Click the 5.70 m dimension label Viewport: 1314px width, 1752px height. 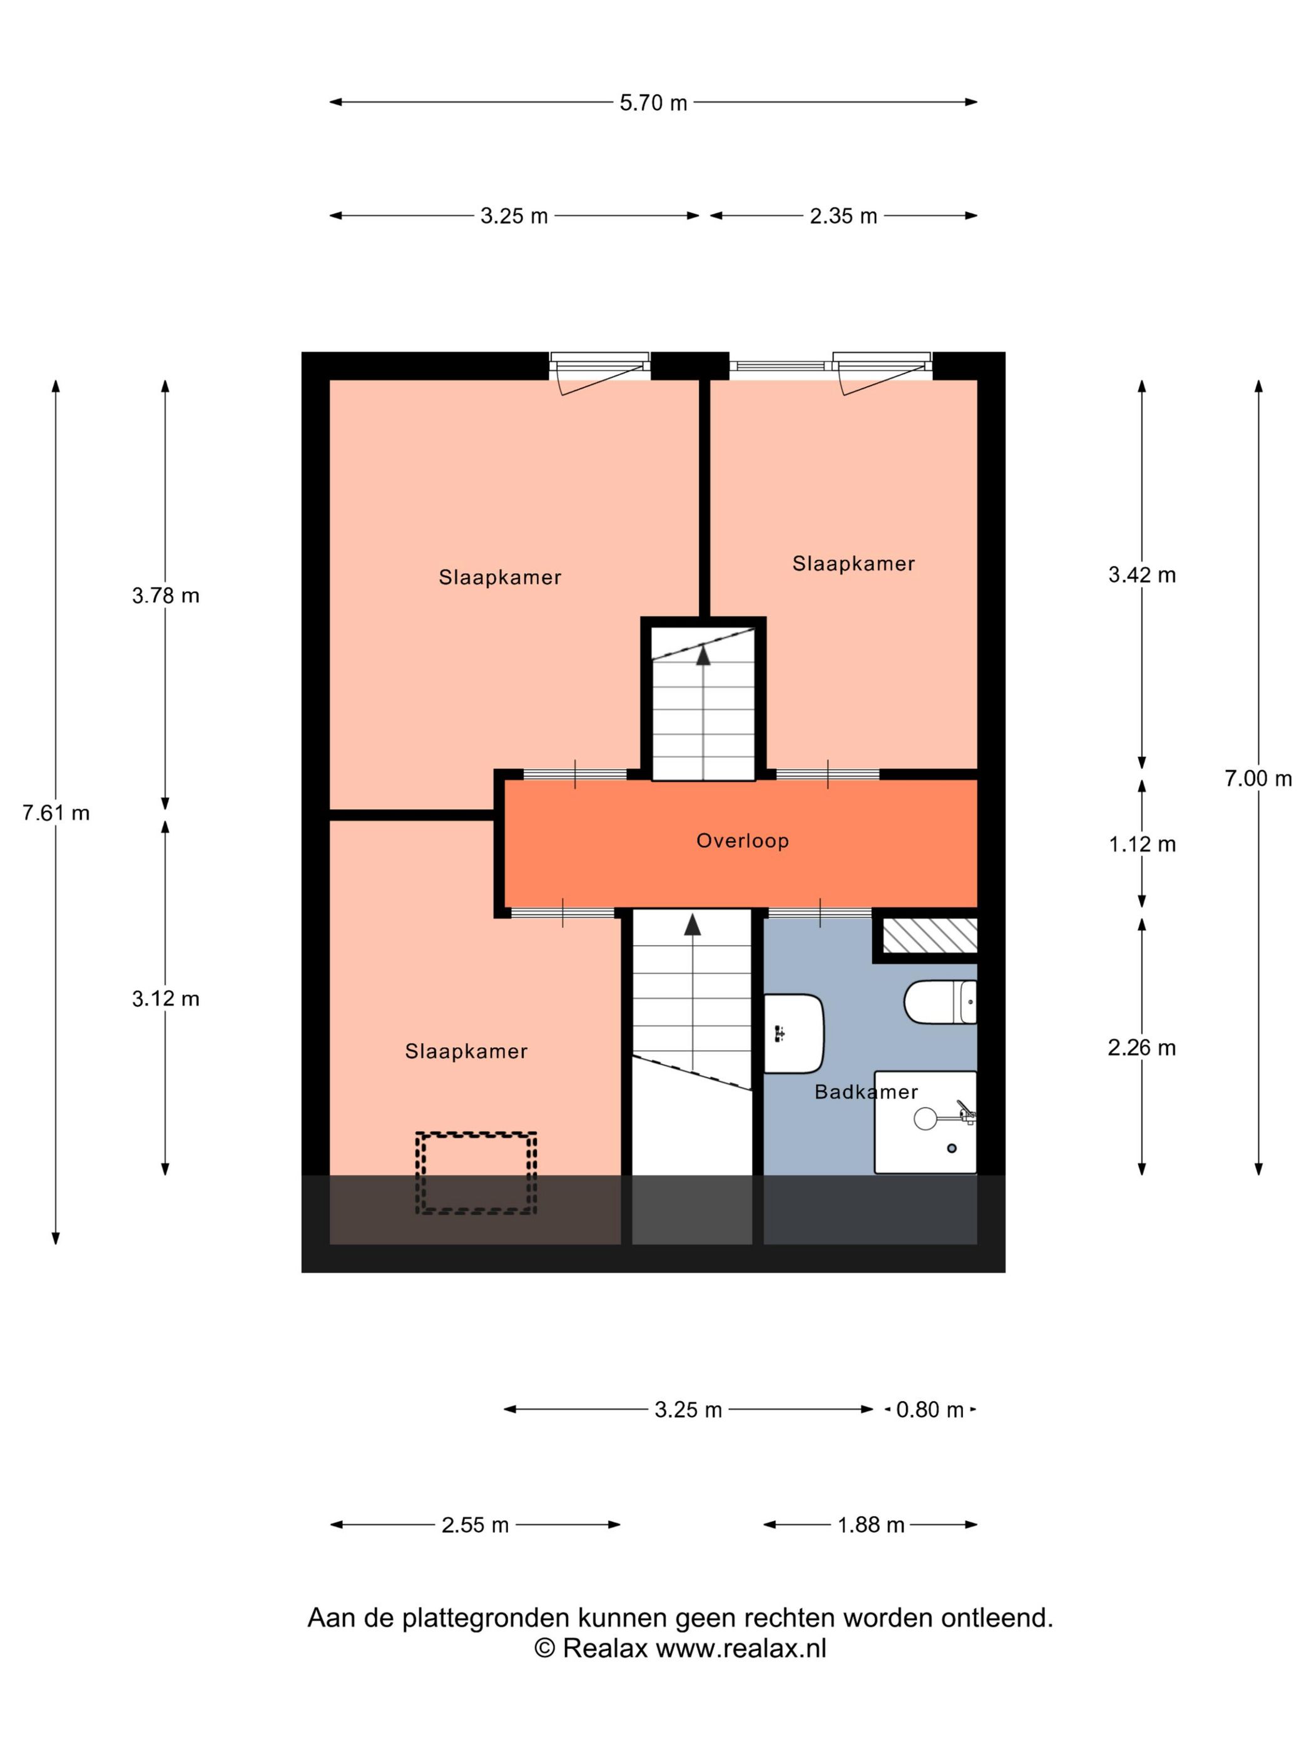653,102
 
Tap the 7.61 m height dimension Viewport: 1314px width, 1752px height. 56,813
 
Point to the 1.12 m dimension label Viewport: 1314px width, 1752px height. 1142,844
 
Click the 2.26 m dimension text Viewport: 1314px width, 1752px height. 1142,1048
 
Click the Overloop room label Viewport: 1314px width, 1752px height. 742,840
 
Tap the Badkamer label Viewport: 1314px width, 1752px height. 866,1092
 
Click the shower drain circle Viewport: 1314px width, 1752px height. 952,1148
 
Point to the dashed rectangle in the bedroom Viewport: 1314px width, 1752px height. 477,1173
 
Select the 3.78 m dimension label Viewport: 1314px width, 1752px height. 166,596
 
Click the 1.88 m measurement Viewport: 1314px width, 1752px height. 871,1525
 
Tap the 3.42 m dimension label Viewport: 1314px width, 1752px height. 1142,575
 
